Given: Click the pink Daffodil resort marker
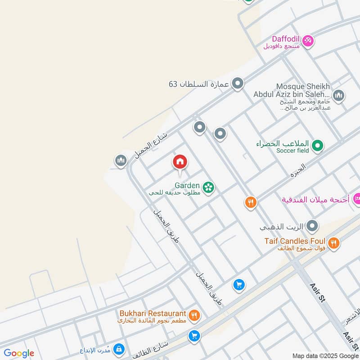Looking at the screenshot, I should [x=308, y=41].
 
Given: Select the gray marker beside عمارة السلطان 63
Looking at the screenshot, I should [x=238, y=83].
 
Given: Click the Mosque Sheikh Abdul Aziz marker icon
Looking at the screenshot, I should [x=338, y=95].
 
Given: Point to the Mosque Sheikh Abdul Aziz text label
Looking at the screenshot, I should [x=292, y=90].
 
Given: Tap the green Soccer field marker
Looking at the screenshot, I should [x=318, y=145].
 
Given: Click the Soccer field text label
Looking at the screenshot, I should [x=292, y=151].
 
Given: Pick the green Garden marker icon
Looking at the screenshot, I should [x=208, y=187].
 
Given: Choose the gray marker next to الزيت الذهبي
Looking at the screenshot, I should [x=312, y=226].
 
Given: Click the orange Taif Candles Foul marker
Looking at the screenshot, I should [x=333, y=243].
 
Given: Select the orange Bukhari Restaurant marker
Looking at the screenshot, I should [x=194, y=315].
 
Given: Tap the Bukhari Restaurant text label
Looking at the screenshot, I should [x=153, y=313].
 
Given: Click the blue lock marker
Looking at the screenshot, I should [x=119, y=349].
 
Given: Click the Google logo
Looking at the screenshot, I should [x=19, y=353].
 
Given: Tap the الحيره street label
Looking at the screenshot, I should [x=298, y=170].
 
